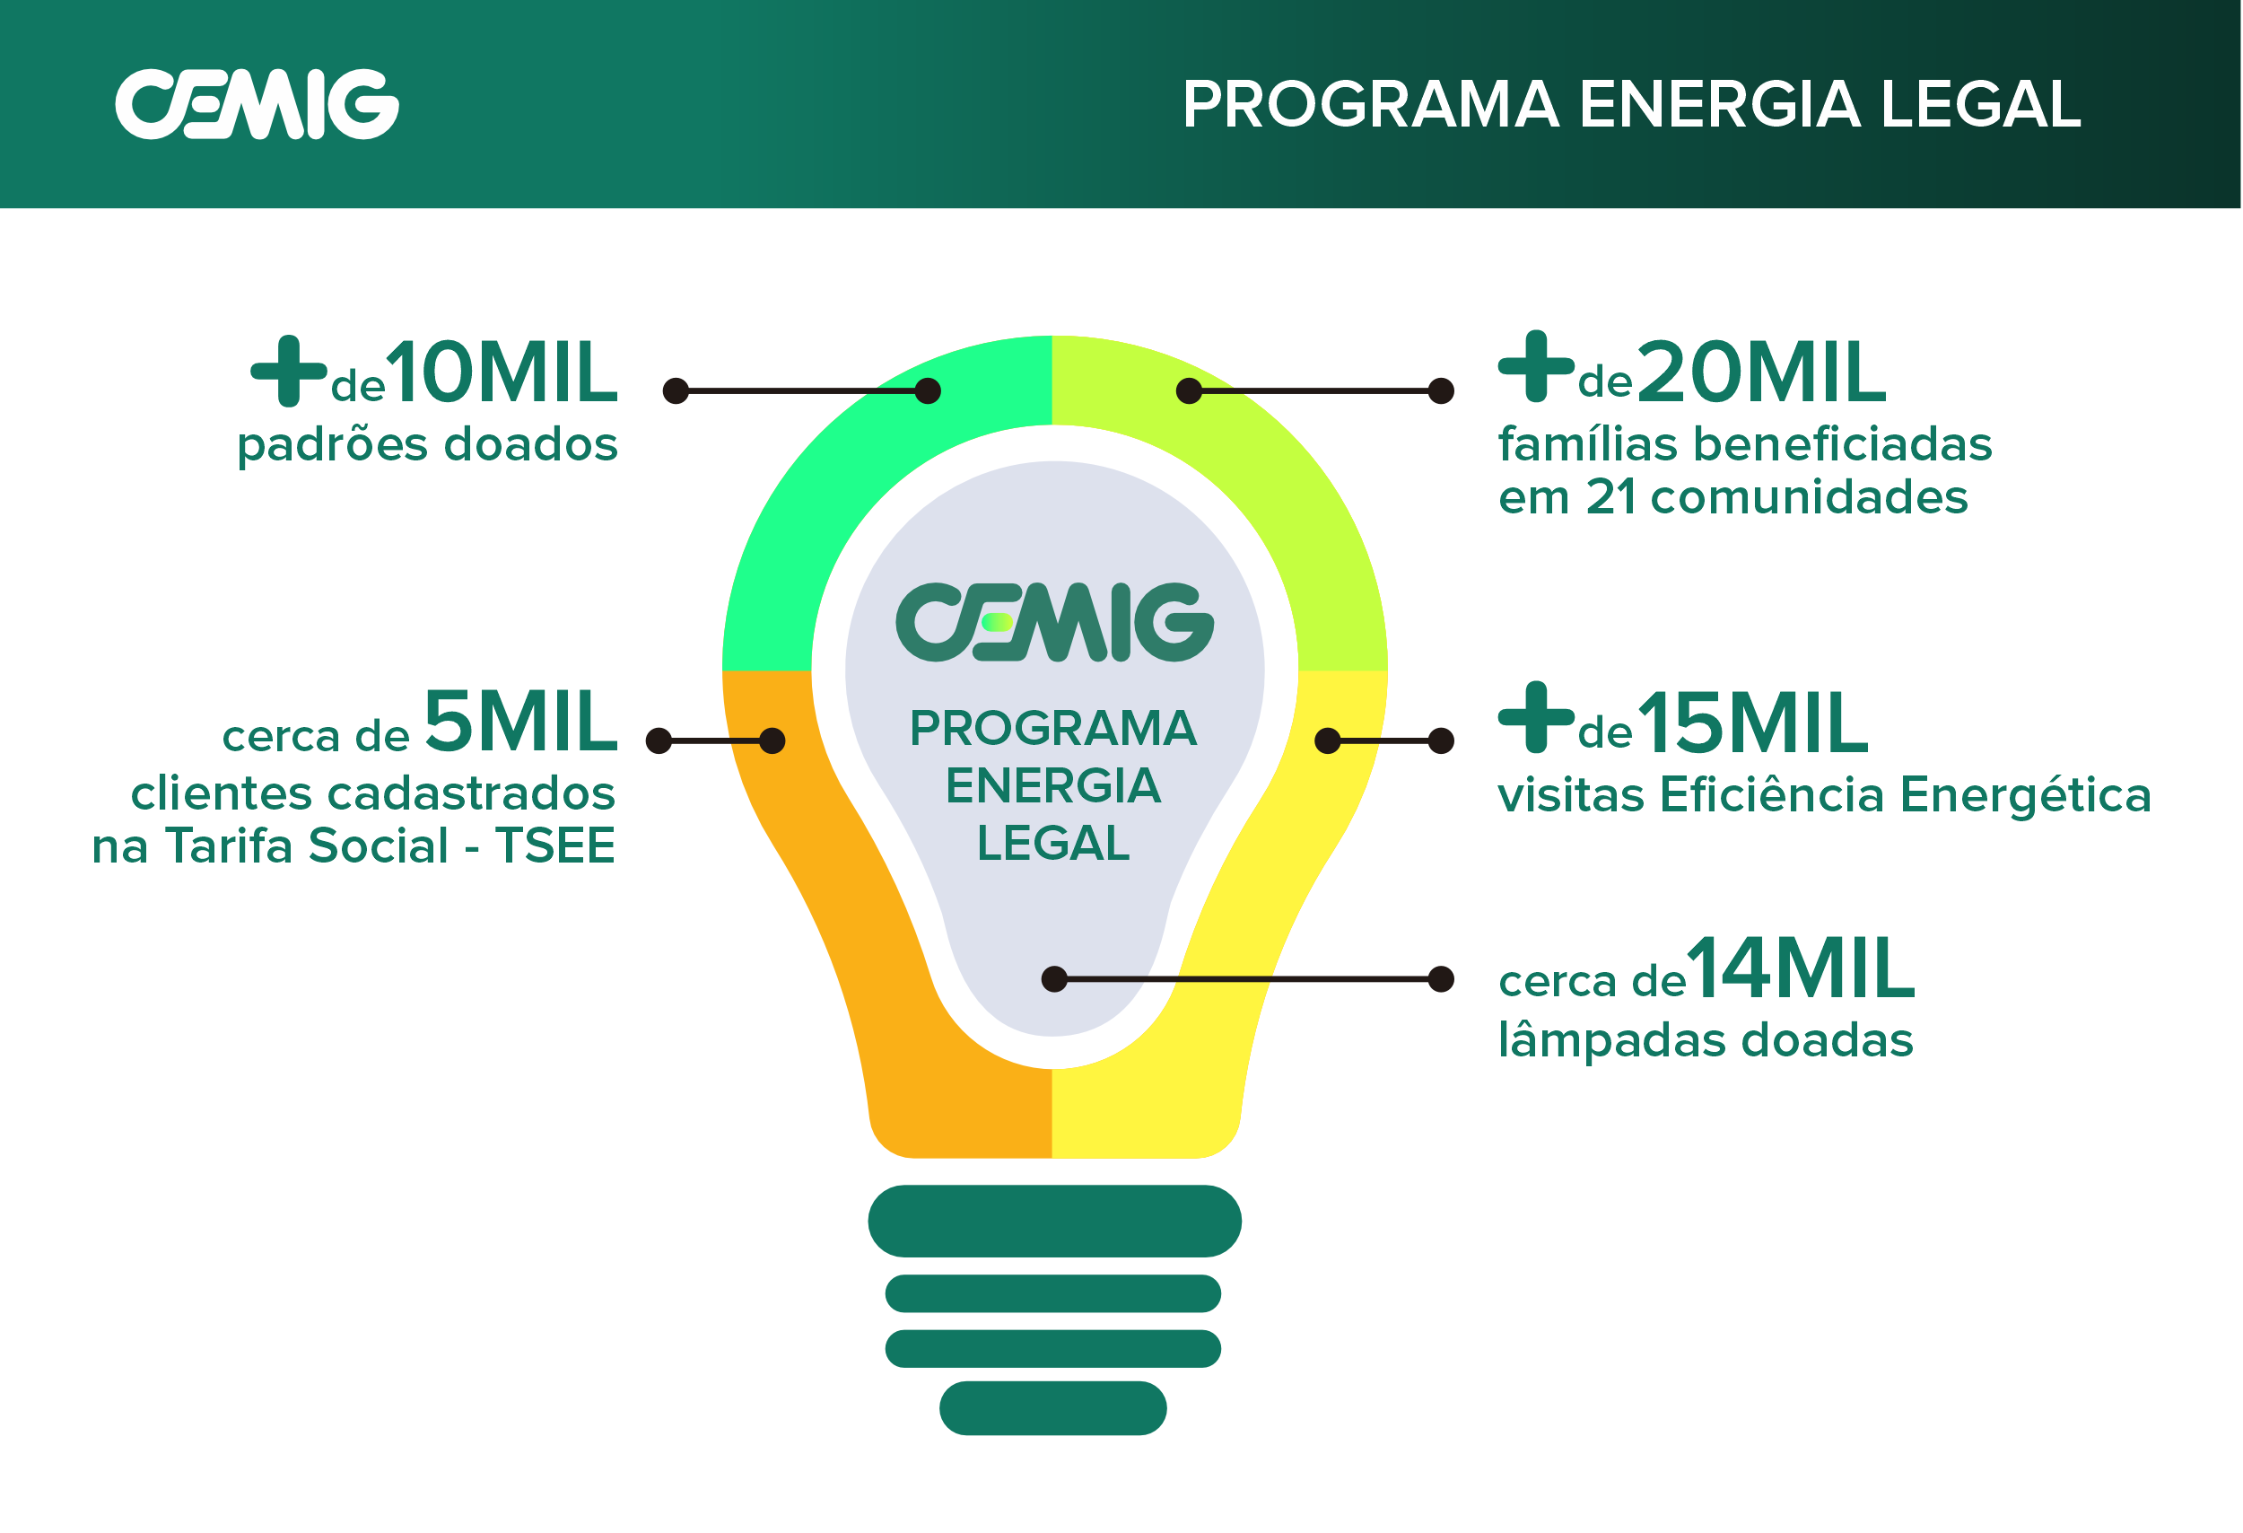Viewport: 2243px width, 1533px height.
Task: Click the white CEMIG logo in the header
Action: pos(257,104)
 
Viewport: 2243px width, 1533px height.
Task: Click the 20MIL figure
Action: pos(1761,372)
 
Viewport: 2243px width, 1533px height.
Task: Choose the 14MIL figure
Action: pos(1801,968)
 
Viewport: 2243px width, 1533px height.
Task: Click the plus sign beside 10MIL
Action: pos(289,372)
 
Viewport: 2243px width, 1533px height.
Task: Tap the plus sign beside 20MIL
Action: pos(1535,367)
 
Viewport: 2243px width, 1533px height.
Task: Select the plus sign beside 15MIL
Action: pos(1535,717)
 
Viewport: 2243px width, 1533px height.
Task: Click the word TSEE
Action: pos(556,846)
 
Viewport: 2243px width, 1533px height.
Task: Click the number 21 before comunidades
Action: pos(1610,498)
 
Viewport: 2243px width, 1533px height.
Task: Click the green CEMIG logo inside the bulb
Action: pos(1054,623)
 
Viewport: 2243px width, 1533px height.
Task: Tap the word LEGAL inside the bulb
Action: pos(1053,844)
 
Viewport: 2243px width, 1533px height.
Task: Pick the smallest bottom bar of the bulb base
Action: pos(1053,1408)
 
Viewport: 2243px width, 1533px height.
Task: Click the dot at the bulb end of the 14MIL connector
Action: pos(1055,979)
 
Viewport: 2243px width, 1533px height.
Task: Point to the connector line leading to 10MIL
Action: pos(801,391)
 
